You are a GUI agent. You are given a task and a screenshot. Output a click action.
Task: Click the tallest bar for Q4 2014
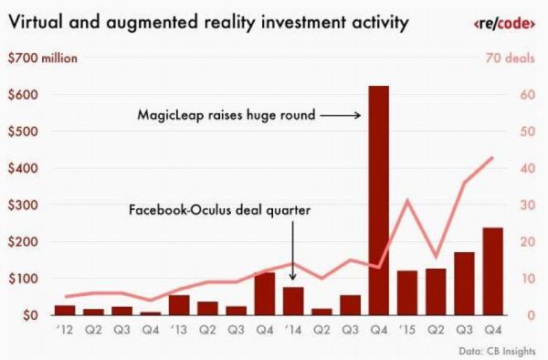[x=378, y=201]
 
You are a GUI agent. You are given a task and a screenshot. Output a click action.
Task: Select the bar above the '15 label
[x=406, y=293]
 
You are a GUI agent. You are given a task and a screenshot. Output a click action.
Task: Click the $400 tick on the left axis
[x=23, y=169]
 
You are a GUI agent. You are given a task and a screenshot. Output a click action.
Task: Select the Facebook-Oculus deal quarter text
[x=219, y=210]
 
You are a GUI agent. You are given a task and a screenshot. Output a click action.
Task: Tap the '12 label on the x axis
[x=64, y=331]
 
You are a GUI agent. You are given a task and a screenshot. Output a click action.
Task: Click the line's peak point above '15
[x=407, y=200]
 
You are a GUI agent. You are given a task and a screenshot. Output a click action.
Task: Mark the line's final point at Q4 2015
[x=492, y=157]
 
